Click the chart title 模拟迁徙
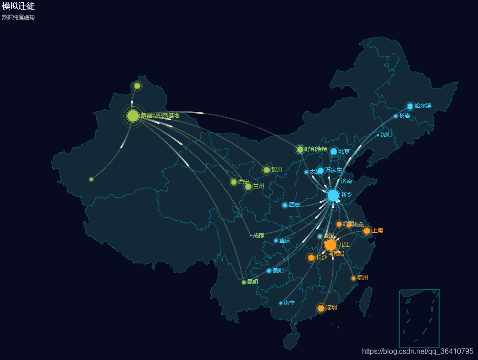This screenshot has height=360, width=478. [x=18, y=6]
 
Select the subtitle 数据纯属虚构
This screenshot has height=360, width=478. [x=18, y=17]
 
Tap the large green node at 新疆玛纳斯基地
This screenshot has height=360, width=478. [x=133, y=115]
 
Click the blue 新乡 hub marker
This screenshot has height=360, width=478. [x=333, y=195]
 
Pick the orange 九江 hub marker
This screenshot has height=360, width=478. [x=331, y=245]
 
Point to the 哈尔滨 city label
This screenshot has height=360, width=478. [x=423, y=106]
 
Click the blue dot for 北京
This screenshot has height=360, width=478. [x=334, y=151]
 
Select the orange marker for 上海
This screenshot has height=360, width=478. [x=367, y=231]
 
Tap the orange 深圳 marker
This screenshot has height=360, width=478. [x=321, y=308]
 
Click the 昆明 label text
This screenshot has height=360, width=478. [x=252, y=282]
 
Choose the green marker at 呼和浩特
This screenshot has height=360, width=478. [x=300, y=150]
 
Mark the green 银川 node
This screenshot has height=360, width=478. [x=267, y=170]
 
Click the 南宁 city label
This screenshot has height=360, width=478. [x=289, y=303]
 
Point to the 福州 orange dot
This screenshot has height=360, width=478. [x=353, y=278]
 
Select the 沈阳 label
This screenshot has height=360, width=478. [x=386, y=135]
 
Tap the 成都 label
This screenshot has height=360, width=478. [x=258, y=235]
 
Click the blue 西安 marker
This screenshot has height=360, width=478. [x=285, y=205]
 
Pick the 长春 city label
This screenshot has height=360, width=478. [x=404, y=116]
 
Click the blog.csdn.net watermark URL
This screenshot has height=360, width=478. [x=417, y=351]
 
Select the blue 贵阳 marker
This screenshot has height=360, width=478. [x=269, y=271]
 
